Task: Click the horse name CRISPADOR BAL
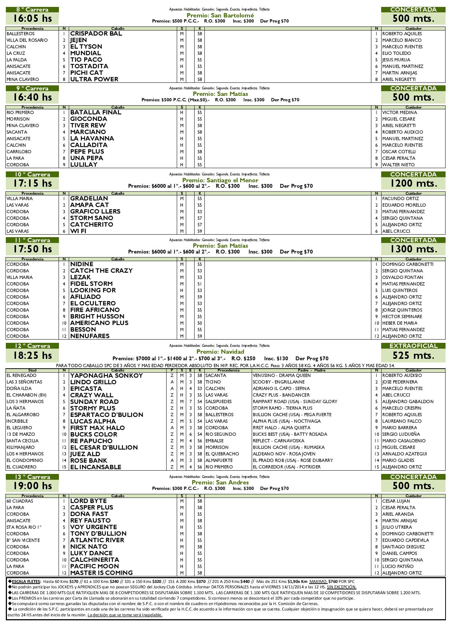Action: coord(96,34)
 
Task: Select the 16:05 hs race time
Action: coord(32,19)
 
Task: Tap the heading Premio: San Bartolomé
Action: coord(220,15)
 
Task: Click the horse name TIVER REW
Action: coord(88,126)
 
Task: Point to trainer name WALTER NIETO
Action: coord(398,165)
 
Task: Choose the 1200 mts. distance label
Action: coord(413,183)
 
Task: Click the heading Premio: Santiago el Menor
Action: coord(220,180)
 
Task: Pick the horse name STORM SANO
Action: coord(92,218)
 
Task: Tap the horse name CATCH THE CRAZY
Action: coord(101,271)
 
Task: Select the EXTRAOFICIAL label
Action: coord(413,346)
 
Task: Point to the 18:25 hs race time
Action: coord(32,356)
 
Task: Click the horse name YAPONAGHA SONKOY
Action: coord(107,376)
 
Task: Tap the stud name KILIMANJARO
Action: coord(21,447)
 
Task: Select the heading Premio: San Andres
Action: coord(220,482)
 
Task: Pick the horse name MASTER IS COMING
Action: coord(101,573)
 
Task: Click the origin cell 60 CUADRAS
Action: coord(20,501)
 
